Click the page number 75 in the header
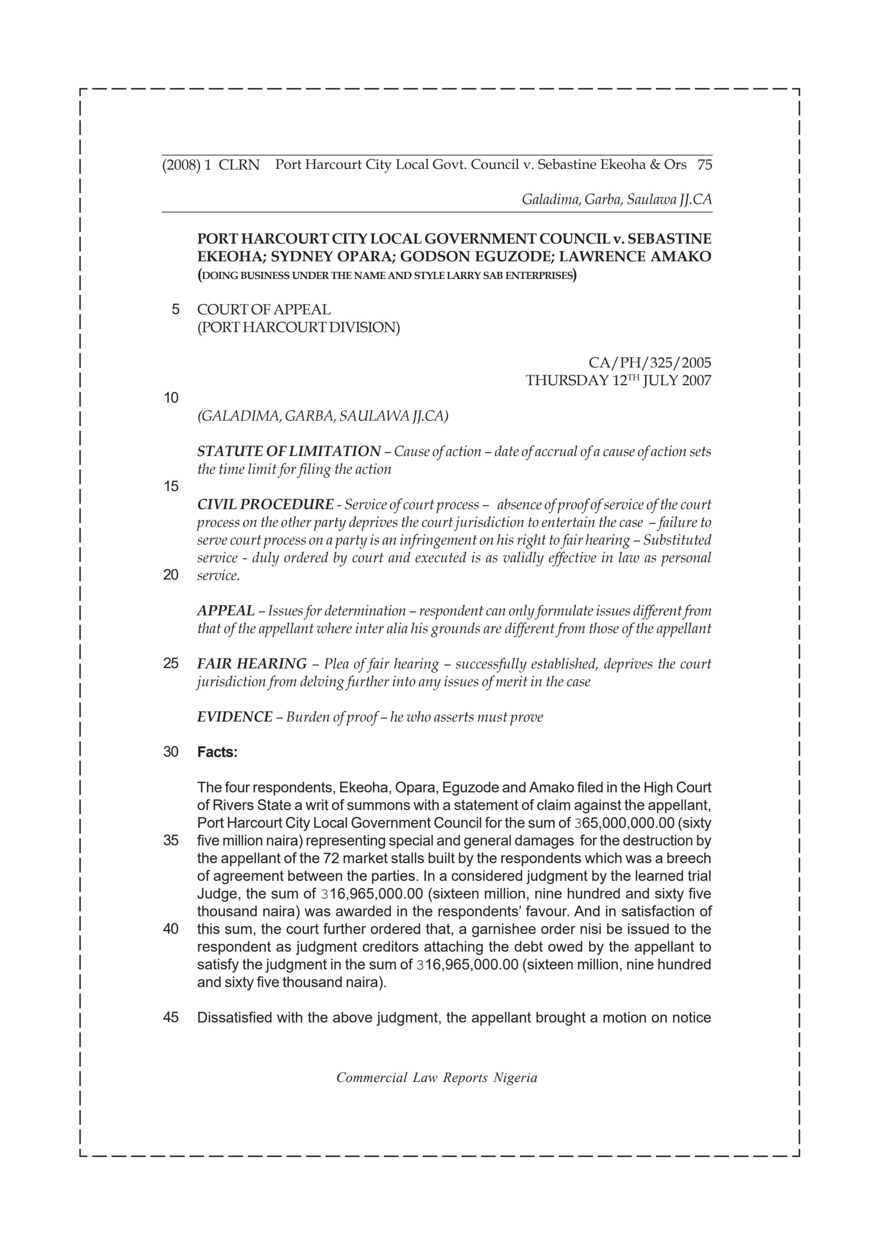(704, 165)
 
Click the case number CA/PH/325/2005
(650, 362)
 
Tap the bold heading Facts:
(217, 752)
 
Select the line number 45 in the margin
(171, 1017)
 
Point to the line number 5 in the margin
(175, 310)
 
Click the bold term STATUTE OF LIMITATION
(289, 451)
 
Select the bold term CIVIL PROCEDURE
(265, 505)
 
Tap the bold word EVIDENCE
(235, 717)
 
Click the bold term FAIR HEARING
(252, 664)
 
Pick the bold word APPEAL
(225, 611)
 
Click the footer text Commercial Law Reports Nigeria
(437, 1078)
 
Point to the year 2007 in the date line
(696, 380)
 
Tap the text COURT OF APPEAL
(264, 310)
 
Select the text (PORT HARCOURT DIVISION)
(299, 327)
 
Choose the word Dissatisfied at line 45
(234, 1017)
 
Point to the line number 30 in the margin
(171, 752)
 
